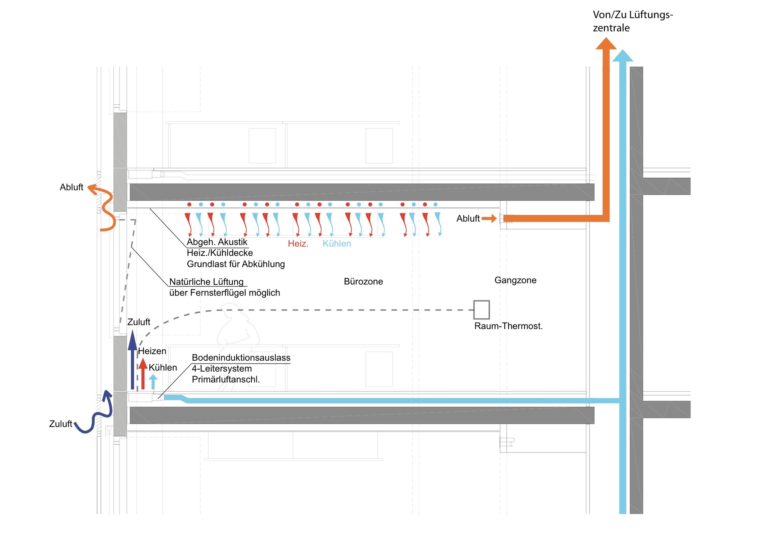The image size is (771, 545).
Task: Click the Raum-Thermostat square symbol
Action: (x=481, y=310)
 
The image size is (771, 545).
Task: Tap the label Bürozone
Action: (x=363, y=282)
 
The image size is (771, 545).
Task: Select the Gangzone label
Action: (x=515, y=280)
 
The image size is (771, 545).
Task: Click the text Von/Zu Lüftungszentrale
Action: (x=632, y=21)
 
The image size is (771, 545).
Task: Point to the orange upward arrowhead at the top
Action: (x=606, y=44)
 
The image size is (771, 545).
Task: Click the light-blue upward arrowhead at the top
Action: (x=623, y=56)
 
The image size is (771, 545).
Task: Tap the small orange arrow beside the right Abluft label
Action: (x=489, y=219)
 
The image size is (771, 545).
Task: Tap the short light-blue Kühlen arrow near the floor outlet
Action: (x=153, y=382)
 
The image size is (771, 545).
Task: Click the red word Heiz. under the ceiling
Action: (x=298, y=244)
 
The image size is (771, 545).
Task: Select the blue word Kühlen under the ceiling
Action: (x=337, y=244)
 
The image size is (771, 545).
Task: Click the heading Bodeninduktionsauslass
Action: (x=241, y=358)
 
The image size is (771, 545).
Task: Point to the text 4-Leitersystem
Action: (x=222, y=368)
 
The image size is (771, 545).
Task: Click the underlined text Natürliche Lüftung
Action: (x=206, y=282)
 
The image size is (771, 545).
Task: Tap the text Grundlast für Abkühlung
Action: (x=236, y=264)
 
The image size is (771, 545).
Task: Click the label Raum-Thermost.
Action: (x=508, y=326)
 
